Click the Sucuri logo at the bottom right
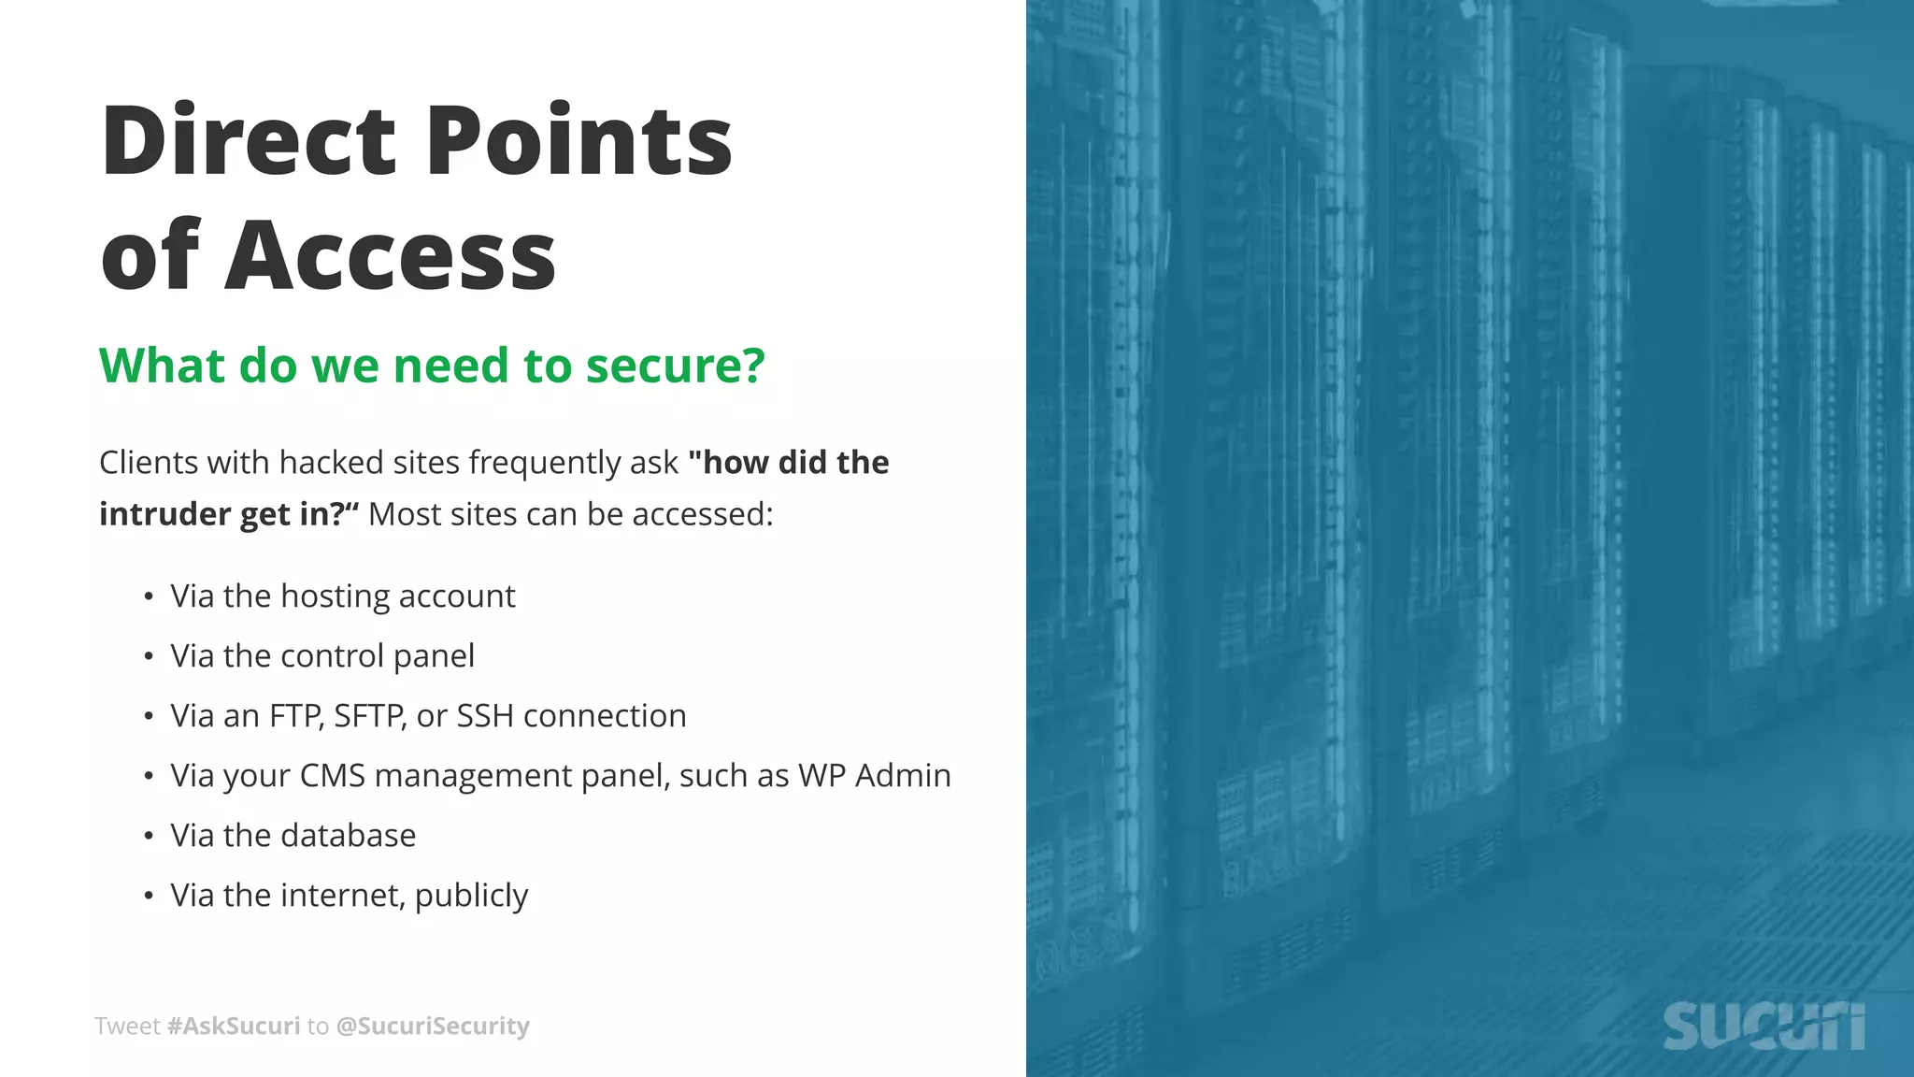pyautogui.click(x=1764, y=1027)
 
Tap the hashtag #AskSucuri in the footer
pyautogui.click(x=234, y=1027)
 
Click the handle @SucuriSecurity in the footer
pyautogui.click(x=432, y=1027)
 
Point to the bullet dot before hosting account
pyautogui.click(x=149, y=597)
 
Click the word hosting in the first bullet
pyautogui.click(x=335, y=596)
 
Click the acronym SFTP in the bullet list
pyautogui.click(x=370, y=716)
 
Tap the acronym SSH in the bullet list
pyautogui.click(x=484, y=716)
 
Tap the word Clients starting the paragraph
pyautogui.click(x=149, y=463)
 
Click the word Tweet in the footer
pyautogui.click(x=127, y=1027)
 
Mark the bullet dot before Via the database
pyautogui.click(x=149, y=837)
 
